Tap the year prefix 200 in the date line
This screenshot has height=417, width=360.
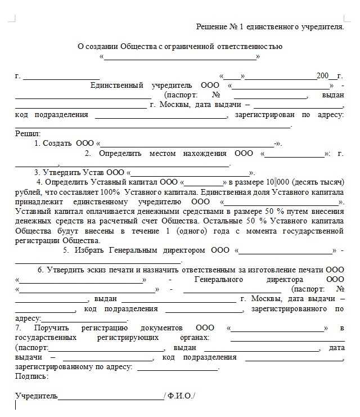click(x=323, y=76)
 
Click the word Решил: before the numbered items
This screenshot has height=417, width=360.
click(x=28, y=134)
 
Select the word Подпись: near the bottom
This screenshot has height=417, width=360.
click(x=31, y=376)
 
